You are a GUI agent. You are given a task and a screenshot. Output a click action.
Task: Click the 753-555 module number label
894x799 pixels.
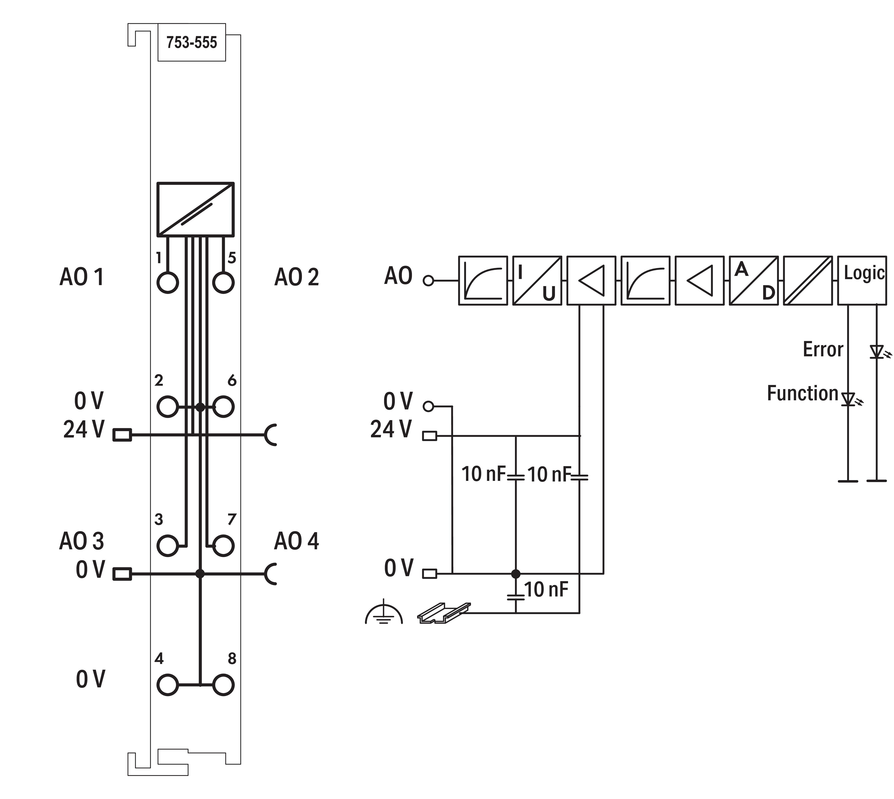pos(191,43)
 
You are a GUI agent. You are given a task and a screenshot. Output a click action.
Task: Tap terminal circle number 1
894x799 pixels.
pos(167,282)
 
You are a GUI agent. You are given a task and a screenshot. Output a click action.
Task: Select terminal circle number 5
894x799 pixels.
pos(223,282)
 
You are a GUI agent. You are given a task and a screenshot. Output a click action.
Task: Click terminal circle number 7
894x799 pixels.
pos(223,546)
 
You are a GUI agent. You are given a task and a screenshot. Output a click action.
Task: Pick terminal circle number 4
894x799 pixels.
pos(167,685)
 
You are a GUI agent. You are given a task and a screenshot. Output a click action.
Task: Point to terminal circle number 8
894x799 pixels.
pos(223,685)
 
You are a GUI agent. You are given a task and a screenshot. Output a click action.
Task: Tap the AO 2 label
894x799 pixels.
pos(297,278)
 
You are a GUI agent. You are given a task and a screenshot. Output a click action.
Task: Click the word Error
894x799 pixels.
pos(823,349)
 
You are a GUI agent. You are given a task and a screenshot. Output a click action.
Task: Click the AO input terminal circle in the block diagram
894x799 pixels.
pos(428,281)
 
